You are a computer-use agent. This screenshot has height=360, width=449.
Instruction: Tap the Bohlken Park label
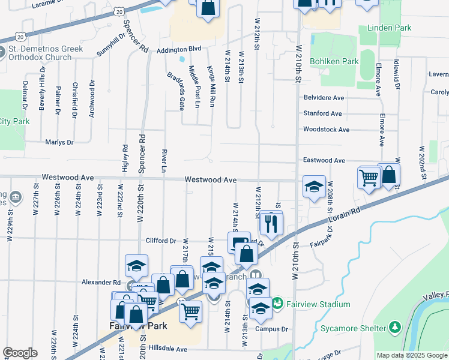click(334, 61)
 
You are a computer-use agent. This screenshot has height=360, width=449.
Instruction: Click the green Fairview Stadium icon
click(277, 304)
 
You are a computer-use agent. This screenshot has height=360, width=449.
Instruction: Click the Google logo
click(20, 353)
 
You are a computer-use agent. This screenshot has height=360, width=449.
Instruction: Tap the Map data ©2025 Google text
click(412, 355)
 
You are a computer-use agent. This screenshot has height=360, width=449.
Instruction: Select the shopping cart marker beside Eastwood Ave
click(369, 178)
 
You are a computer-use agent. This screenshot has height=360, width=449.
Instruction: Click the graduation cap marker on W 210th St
click(314, 188)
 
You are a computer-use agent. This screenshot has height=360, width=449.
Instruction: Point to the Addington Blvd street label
click(178, 50)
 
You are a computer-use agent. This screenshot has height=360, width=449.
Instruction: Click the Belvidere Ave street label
click(324, 97)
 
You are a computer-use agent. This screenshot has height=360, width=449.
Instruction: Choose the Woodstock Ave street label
click(326, 129)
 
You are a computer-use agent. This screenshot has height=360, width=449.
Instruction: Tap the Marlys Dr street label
click(59, 142)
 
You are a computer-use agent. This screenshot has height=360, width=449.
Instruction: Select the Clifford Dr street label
click(160, 241)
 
